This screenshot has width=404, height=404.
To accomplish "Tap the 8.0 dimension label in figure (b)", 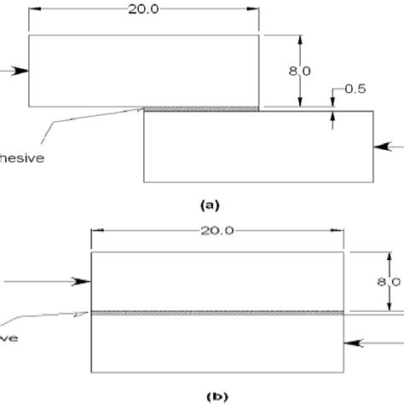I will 389,282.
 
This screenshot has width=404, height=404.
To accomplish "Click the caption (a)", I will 209,205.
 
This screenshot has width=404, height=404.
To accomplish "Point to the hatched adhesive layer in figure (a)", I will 201,108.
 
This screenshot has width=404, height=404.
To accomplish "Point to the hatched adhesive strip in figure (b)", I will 217,313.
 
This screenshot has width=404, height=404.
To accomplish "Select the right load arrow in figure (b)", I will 362,343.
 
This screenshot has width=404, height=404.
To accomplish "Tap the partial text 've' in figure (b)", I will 9,335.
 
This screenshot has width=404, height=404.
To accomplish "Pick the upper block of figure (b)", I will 217,281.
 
